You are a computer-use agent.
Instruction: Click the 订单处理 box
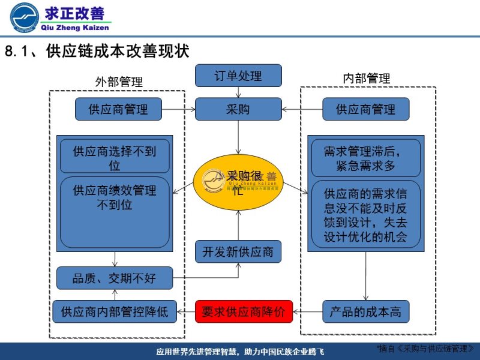[238, 76]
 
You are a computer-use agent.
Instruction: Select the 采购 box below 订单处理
[238, 109]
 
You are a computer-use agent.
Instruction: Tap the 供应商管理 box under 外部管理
[118, 109]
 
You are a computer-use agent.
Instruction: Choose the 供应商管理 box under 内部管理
[365, 109]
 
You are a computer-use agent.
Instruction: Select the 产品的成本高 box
[365, 312]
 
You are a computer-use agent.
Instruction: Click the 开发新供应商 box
[238, 251]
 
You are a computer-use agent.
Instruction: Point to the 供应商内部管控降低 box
[114, 312]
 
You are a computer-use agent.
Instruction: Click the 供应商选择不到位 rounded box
[114, 157]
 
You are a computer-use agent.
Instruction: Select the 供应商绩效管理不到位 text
[114, 197]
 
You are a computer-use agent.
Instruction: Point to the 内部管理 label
[367, 79]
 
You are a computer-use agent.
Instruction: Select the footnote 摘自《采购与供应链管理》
[428, 349]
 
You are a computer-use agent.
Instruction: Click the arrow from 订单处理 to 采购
[238, 92]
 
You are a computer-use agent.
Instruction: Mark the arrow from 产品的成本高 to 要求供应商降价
[307, 312]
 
